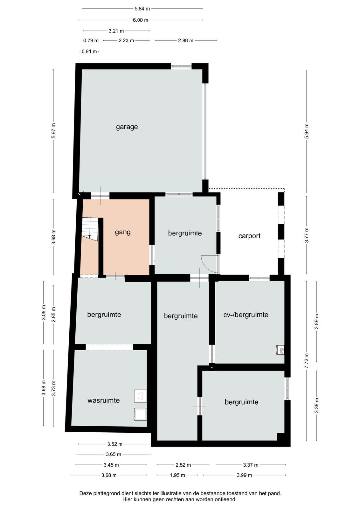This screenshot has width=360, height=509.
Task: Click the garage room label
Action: (x=127, y=127)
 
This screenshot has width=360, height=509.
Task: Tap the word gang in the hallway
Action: (x=123, y=232)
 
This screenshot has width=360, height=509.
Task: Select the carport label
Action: (x=249, y=236)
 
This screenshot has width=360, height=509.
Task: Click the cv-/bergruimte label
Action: (x=246, y=315)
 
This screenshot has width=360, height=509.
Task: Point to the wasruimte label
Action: (x=104, y=400)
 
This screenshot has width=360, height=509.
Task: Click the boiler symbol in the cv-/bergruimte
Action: (x=280, y=350)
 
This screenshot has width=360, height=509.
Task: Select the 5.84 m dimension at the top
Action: (x=142, y=9)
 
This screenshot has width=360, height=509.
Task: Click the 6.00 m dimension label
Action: (x=140, y=20)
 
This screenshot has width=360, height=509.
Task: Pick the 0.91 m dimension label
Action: (x=89, y=52)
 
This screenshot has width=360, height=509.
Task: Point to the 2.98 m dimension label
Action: (x=185, y=40)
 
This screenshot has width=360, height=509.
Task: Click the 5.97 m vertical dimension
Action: (x=54, y=131)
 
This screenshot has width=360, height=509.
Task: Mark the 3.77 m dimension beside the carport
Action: (x=306, y=235)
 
